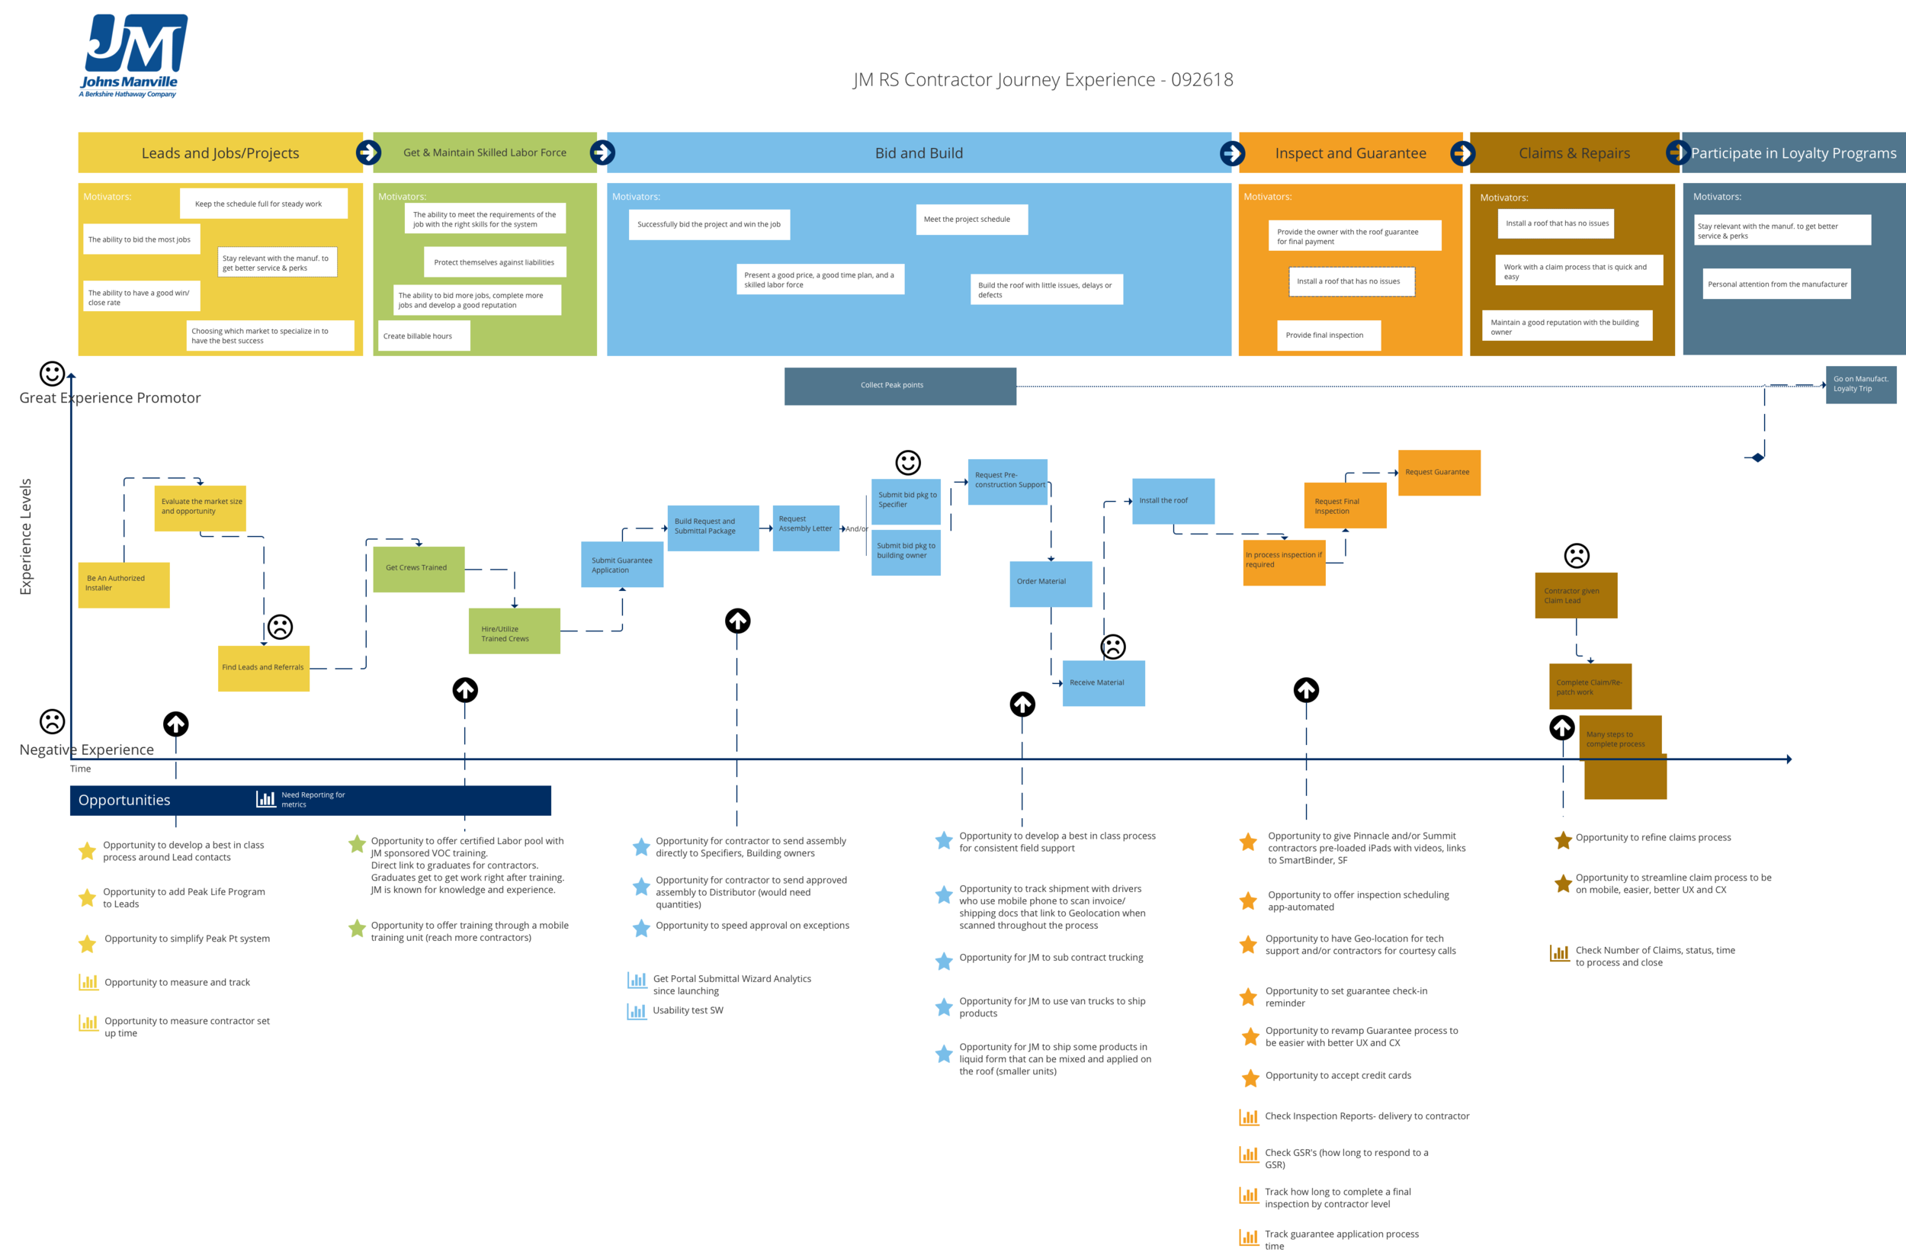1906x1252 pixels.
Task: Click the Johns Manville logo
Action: [133, 55]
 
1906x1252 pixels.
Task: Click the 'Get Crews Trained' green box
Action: [418, 569]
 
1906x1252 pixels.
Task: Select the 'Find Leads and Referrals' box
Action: [264, 668]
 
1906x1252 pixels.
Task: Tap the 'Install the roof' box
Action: [1173, 502]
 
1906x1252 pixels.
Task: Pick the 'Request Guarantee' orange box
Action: [1439, 473]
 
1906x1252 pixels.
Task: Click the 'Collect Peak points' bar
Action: [900, 386]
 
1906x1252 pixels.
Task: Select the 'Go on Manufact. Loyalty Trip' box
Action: [1859, 384]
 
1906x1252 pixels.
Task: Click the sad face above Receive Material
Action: [1112, 647]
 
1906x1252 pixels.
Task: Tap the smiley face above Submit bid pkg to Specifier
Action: [907, 462]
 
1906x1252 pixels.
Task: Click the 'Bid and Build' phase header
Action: [919, 153]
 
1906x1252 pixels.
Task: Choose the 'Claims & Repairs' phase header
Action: [1574, 153]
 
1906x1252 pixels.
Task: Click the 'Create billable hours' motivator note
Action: [423, 336]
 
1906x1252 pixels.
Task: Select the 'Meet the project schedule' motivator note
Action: [971, 220]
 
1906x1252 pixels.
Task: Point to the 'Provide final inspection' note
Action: [1328, 335]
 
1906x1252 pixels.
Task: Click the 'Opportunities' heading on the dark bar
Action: [124, 800]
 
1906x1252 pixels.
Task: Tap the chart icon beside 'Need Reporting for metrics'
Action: [266, 799]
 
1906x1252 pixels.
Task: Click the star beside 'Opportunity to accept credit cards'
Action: [1250, 1078]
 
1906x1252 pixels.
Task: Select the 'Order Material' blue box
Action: [1050, 583]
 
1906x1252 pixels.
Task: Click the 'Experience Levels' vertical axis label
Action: [26, 537]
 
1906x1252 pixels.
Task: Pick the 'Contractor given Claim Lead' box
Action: [1575, 596]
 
